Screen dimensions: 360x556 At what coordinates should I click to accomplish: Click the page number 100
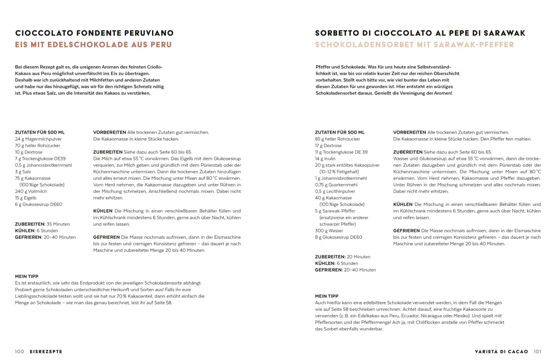tap(19, 351)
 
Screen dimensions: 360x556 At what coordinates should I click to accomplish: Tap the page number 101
tap(537, 351)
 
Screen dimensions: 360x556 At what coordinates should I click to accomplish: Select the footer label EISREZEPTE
tap(46, 351)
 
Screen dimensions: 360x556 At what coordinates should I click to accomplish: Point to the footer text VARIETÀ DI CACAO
tap(501, 351)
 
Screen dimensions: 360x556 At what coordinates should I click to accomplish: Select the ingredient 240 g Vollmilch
tap(31, 191)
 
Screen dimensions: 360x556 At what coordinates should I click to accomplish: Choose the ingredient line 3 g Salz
tap(23, 172)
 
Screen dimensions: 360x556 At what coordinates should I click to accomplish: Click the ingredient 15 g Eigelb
tap(26, 198)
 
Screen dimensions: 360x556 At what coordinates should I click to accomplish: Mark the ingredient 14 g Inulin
tap(325, 159)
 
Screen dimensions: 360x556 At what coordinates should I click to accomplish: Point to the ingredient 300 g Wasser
tap(329, 230)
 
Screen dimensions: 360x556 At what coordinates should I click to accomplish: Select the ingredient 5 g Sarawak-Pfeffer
tap(335, 211)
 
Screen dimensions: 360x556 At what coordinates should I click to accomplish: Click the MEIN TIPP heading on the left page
tap(27, 276)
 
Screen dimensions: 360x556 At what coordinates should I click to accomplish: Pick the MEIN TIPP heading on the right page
tap(326, 296)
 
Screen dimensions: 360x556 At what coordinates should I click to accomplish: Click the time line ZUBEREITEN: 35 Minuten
tap(42, 224)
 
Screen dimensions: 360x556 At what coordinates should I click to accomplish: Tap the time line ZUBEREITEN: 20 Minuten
tap(342, 257)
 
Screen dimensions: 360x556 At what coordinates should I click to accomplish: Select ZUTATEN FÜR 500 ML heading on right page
tap(340, 132)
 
